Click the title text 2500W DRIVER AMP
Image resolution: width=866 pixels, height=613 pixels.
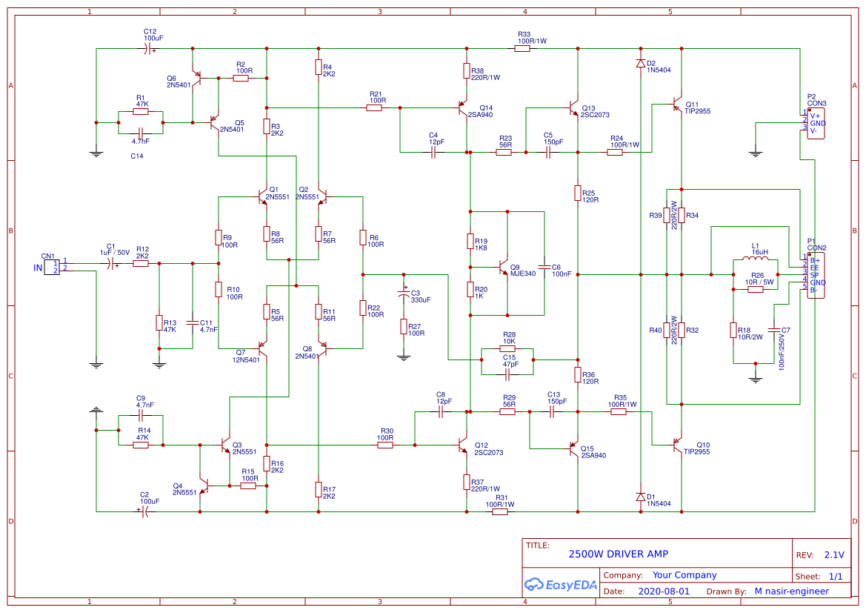pos(618,554)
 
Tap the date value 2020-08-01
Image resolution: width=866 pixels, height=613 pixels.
pos(663,592)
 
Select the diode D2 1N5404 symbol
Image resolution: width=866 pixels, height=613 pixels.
pos(640,64)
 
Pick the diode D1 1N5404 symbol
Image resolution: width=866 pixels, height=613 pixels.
pos(640,497)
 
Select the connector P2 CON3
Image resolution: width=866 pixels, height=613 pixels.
pos(815,123)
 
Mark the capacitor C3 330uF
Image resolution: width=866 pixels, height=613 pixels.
pos(404,294)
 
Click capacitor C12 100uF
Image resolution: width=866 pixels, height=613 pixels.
pos(148,49)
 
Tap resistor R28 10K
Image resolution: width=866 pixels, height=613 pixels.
pos(507,348)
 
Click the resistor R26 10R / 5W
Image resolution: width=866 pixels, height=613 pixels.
pos(755,290)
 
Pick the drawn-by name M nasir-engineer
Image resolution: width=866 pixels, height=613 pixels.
pos(791,592)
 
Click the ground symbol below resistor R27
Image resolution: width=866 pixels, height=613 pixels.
pos(404,357)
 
